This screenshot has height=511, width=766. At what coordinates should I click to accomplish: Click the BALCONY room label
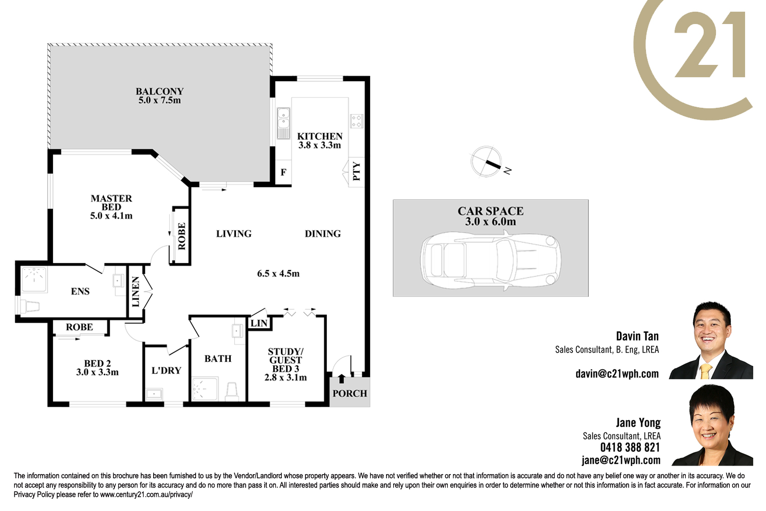point(160,91)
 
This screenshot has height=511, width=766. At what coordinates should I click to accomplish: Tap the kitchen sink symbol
point(283,123)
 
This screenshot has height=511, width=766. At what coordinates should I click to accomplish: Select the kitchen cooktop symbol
point(356,121)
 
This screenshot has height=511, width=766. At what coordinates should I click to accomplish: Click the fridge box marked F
point(283,172)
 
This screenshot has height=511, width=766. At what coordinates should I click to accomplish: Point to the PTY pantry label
point(356,171)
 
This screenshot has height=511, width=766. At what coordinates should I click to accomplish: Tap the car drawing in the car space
point(491,261)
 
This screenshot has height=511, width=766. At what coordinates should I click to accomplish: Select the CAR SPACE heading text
point(490,211)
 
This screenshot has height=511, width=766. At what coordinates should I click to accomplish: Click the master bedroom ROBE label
point(182,236)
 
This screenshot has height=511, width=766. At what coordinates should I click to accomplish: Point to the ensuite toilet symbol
point(30,307)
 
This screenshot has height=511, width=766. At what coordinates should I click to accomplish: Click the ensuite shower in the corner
point(34,280)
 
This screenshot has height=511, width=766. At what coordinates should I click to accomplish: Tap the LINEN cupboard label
point(136,292)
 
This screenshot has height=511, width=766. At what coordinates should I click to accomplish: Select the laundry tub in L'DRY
point(154,394)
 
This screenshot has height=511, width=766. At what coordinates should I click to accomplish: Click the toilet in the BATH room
point(232,392)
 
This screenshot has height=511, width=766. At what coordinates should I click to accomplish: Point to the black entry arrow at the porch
point(341,379)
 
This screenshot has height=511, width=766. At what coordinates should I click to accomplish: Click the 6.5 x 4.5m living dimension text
point(278,273)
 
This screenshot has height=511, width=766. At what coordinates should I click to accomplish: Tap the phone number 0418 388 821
point(630,447)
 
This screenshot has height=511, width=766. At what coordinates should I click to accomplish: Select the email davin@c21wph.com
point(617,374)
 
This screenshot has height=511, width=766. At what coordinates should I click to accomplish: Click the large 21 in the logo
point(710,44)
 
